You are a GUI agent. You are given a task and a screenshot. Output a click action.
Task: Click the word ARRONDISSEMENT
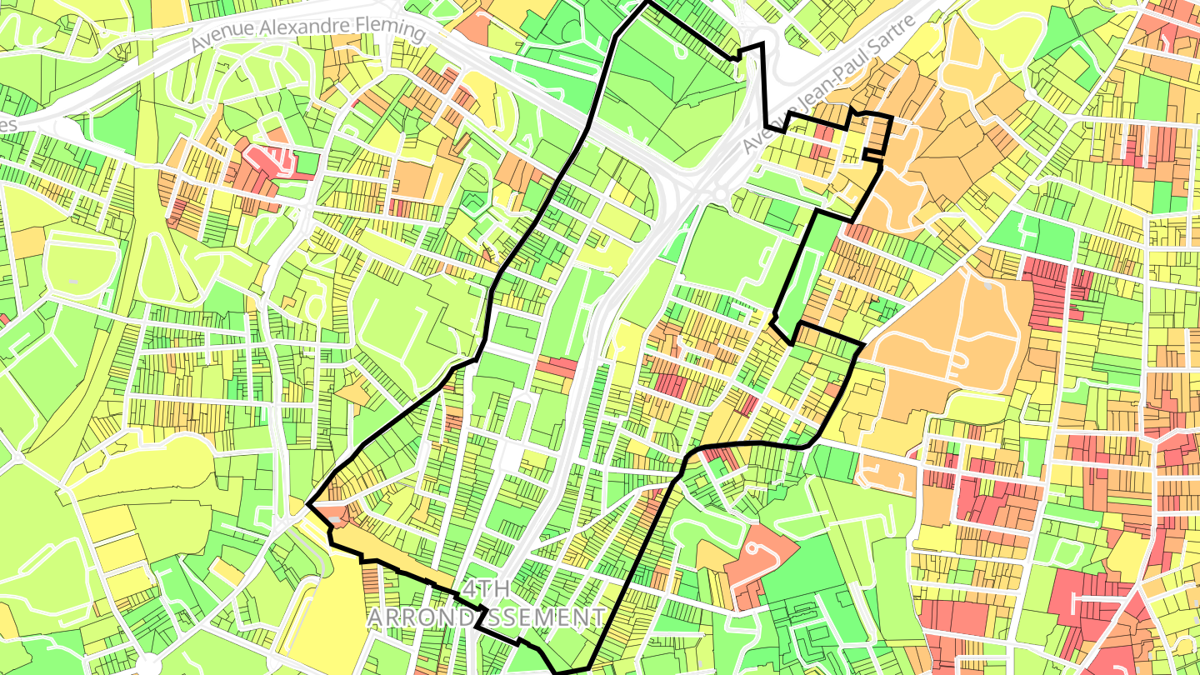coord(487,617)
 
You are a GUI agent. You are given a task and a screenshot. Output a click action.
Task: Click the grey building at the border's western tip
coord(336,518)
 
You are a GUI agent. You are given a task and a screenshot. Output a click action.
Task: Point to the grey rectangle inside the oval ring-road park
coord(73,282)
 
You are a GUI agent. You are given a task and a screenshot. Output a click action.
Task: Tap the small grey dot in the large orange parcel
coord(988,286)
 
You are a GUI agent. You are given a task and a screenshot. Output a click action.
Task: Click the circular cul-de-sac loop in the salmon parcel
coord(757,550)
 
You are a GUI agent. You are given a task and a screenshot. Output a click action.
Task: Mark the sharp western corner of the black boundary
coord(307,504)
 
